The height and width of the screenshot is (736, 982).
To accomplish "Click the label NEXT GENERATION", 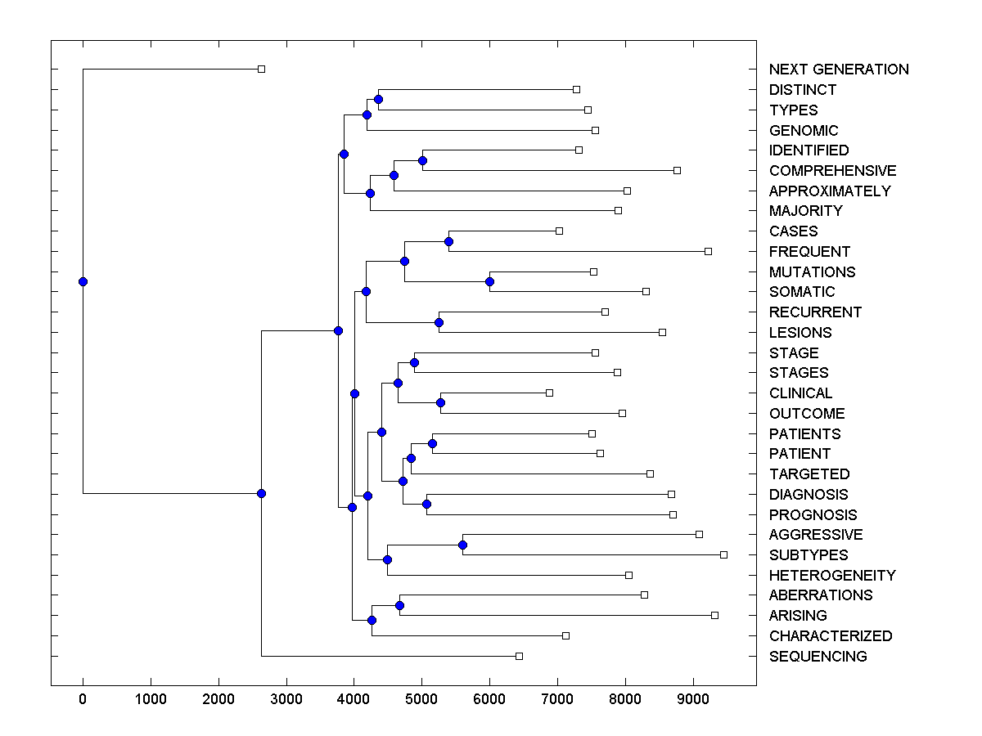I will (x=838, y=70).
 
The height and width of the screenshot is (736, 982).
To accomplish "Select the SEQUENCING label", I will (x=818, y=657).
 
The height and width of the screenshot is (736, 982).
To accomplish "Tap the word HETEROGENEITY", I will (x=831, y=576).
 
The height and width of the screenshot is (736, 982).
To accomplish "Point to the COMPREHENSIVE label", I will (x=832, y=171).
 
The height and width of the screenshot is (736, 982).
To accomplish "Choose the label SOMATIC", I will (x=801, y=292).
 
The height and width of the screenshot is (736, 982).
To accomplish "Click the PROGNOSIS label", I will (x=813, y=515).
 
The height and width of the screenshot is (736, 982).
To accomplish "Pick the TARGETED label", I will (x=809, y=474).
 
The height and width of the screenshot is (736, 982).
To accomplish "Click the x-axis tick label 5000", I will (x=421, y=699).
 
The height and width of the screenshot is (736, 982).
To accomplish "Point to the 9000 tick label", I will (x=692, y=699).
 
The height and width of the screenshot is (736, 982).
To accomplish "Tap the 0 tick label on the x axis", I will (x=83, y=699).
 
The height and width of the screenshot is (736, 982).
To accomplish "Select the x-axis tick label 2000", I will (x=218, y=699).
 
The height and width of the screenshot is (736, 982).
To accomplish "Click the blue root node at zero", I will (x=83, y=281).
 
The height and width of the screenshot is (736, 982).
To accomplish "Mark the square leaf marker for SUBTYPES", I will (x=723, y=554).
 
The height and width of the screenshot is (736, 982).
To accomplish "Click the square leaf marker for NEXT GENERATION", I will (x=261, y=69).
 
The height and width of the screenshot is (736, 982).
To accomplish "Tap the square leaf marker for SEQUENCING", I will (x=519, y=656).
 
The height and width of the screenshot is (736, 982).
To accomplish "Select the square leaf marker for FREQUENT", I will (x=708, y=251).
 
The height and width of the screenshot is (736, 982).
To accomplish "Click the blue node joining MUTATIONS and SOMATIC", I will (x=489, y=281).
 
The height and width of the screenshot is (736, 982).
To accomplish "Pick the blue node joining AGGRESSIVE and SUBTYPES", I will (x=462, y=545).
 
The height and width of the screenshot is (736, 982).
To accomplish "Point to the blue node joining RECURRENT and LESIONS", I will (x=439, y=322).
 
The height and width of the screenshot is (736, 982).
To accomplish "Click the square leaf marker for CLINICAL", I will (x=549, y=393).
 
